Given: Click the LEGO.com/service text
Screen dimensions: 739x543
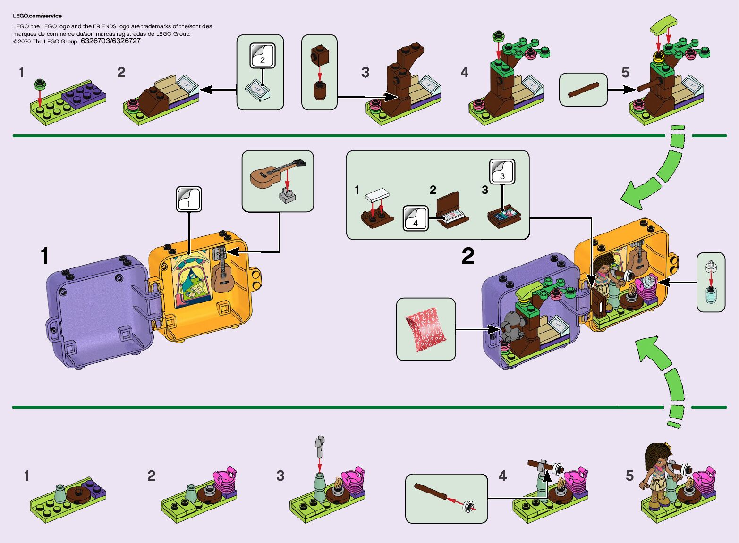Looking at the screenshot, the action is point(37,16).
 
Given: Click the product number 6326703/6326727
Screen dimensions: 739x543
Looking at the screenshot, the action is point(110,41).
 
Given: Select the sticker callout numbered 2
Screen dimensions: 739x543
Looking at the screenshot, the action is point(262,55).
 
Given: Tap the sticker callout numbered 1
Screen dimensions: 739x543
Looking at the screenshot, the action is point(189,200).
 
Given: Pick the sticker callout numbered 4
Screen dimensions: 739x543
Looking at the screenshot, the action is point(416,218).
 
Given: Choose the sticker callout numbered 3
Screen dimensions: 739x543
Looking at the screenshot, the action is point(502,171).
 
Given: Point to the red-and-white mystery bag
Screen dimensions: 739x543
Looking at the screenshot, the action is point(425,330).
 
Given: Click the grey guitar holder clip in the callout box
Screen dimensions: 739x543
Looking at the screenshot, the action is point(287,195).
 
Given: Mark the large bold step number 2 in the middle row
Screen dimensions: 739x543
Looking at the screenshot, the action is point(468,256).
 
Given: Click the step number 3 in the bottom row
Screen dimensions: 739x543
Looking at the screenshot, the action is point(280,476).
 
